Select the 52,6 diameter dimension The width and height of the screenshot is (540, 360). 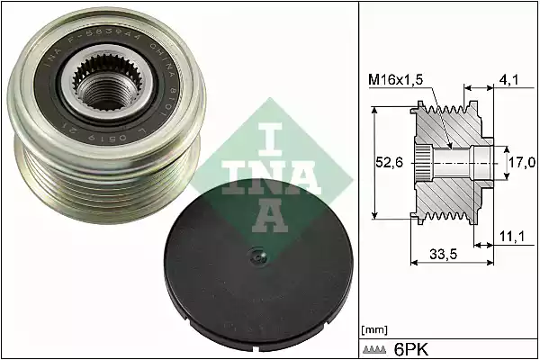[390, 162]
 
